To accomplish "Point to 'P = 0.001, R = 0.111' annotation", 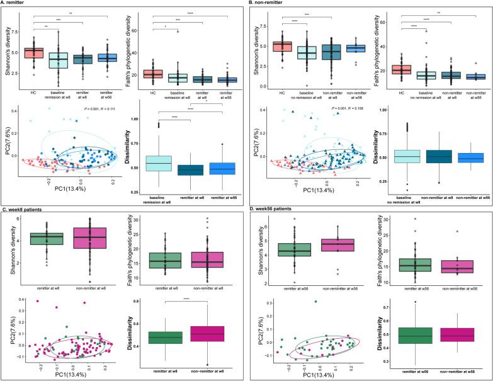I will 97,109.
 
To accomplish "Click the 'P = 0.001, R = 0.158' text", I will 347,109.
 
